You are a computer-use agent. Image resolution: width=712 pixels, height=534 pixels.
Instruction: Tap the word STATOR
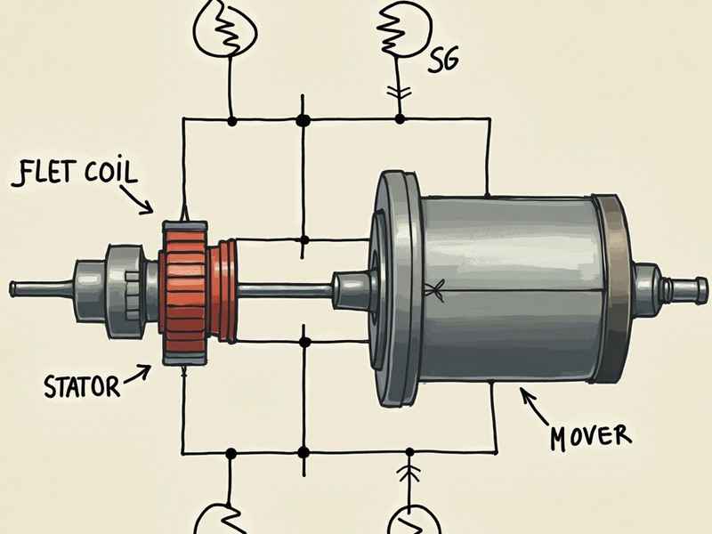[81, 386]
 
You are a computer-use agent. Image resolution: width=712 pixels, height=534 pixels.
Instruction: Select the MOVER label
[589, 436]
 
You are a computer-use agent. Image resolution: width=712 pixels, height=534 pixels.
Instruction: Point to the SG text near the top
[446, 61]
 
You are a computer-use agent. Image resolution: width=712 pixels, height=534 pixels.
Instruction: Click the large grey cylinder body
[507, 285]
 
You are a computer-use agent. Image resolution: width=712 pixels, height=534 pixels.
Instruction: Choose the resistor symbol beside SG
[400, 31]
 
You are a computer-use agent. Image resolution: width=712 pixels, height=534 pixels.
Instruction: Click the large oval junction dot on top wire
[303, 117]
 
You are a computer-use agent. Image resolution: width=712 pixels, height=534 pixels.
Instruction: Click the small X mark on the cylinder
[435, 287]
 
